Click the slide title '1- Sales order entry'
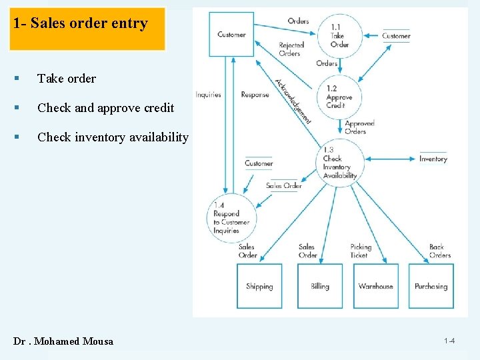(x=81, y=24)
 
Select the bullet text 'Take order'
(x=67, y=79)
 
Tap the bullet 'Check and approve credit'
(x=105, y=108)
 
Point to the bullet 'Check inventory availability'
(x=113, y=137)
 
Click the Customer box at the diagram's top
(x=231, y=34)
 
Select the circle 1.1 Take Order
(x=339, y=35)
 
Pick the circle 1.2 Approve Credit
(x=339, y=97)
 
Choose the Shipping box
(x=259, y=286)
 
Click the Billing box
(x=320, y=286)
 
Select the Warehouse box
(x=376, y=286)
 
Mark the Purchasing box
(x=431, y=286)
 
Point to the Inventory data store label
(x=433, y=159)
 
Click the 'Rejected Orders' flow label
(x=290, y=49)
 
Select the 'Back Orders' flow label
(x=440, y=251)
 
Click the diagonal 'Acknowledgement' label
(x=293, y=101)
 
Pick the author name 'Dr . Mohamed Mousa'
(x=63, y=341)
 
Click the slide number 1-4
(x=449, y=341)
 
